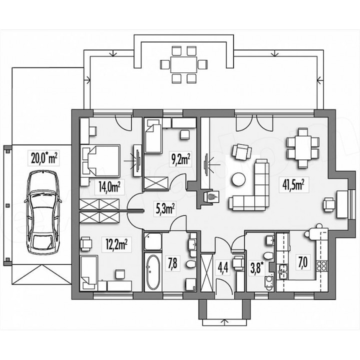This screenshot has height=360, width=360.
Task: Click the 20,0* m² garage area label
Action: pyautogui.click(x=43, y=158)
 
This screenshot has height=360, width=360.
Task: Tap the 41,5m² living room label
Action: pyautogui.click(x=294, y=184)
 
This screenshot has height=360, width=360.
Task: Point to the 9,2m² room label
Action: pyautogui.click(x=180, y=159)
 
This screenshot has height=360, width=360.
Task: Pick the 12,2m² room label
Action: pyautogui.click(x=117, y=244)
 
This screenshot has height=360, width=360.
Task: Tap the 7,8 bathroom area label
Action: pyautogui.click(x=172, y=264)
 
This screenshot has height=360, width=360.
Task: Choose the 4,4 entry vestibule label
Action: pyautogui.click(x=223, y=267)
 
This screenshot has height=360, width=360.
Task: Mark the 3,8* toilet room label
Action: pyautogui.click(x=256, y=268)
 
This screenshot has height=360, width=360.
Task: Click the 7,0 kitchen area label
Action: pyautogui.click(x=302, y=263)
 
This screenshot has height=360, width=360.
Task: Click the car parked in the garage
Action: pyautogui.click(x=43, y=212)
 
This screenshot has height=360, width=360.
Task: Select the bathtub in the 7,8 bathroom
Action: pyautogui.click(x=153, y=272)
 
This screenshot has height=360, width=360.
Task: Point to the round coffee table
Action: pyautogui.click(x=239, y=179)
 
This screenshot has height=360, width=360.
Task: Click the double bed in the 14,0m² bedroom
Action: pyautogui.click(x=100, y=161)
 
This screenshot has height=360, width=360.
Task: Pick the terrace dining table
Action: pyautogui.click(x=183, y=64)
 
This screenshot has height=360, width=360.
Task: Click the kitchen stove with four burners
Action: pyautogui.click(x=321, y=265)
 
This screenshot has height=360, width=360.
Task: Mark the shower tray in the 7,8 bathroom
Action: pyautogui.click(x=153, y=241)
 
